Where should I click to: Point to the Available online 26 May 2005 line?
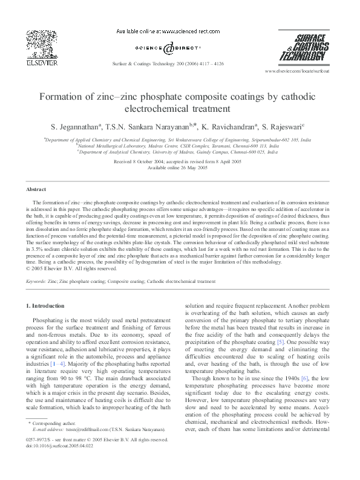coord(180,169)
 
